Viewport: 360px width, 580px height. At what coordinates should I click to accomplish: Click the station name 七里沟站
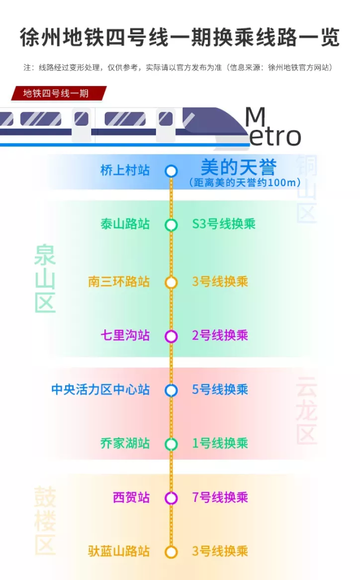tap(125, 336)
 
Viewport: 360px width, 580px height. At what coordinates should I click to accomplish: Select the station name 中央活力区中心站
tap(101, 389)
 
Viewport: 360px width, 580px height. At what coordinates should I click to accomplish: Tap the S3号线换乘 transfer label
tap(224, 224)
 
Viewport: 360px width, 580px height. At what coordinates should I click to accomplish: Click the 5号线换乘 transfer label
tap(220, 389)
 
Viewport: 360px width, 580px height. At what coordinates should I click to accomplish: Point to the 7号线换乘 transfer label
tap(220, 497)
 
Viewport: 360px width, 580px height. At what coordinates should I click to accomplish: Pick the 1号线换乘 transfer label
tap(220, 443)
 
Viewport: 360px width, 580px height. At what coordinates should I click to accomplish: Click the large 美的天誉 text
tap(238, 167)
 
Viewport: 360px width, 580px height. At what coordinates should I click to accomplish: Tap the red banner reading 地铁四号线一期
tap(59, 93)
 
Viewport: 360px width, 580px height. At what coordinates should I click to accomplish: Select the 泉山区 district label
tap(45, 279)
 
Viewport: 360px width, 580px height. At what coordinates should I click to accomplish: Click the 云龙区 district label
tap(307, 410)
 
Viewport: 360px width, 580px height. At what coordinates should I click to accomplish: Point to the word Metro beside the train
tap(274, 127)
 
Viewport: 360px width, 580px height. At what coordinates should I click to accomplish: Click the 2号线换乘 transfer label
tap(220, 336)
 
